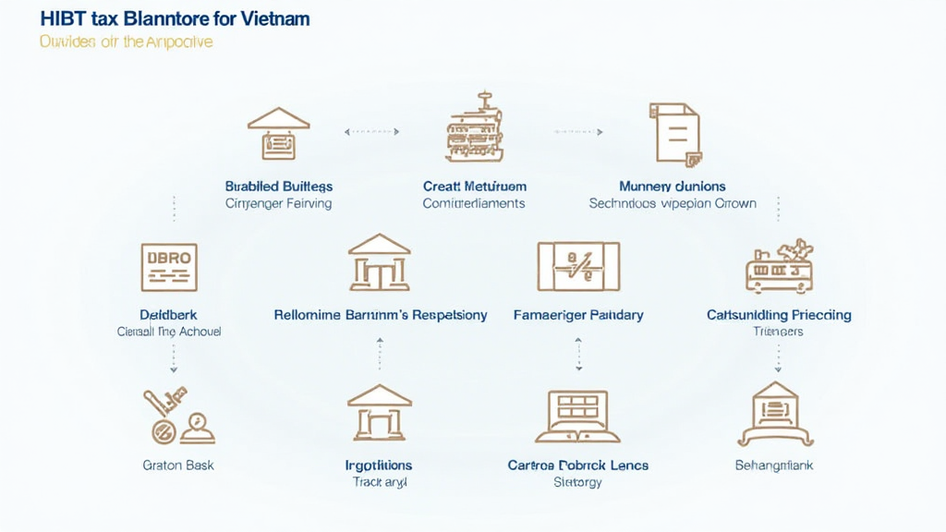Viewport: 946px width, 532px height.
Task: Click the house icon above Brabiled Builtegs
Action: tap(278, 134)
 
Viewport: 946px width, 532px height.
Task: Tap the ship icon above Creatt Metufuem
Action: tap(473, 128)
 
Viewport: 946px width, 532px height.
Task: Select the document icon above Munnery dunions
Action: tap(675, 134)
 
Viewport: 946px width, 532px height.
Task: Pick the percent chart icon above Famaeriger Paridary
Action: tap(578, 266)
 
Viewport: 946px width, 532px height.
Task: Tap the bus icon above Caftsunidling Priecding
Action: tap(779, 266)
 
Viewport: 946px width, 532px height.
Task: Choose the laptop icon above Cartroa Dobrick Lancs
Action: tap(577, 416)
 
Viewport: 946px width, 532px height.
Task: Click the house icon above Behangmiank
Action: tap(775, 415)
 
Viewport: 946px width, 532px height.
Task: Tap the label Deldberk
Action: tap(168, 315)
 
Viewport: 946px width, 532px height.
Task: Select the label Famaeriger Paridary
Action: tap(578, 315)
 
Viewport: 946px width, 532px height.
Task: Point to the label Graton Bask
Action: tap(178, 465)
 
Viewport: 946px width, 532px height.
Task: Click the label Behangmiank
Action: tap(774, 465)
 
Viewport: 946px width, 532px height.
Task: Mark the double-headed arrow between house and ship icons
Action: tap(372, 132)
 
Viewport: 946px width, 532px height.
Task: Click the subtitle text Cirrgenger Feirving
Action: tap(278, 203)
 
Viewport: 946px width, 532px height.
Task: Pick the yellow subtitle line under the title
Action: tap(126, 42)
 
